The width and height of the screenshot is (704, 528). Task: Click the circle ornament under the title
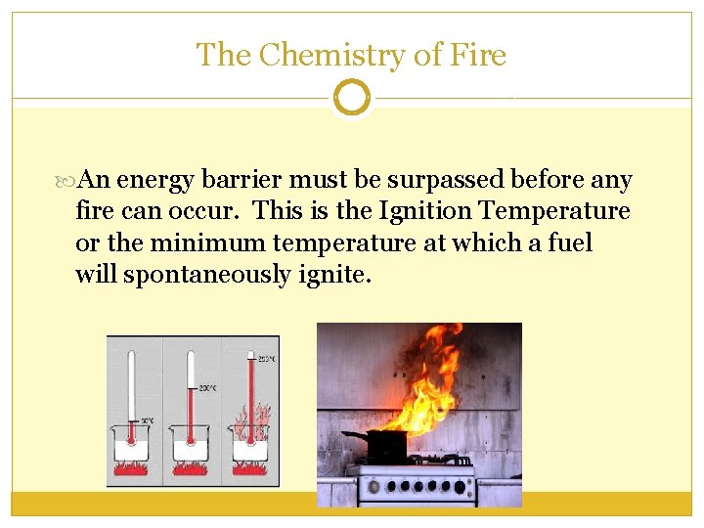click(352, 98)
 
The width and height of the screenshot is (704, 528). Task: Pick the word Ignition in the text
click(427, 211)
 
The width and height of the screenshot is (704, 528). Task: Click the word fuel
click(567, 242)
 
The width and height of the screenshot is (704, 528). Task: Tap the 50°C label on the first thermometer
click(146, 420)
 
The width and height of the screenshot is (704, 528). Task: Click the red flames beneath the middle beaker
click(192, 471)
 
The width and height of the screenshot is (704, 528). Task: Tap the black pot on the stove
click(386, 446)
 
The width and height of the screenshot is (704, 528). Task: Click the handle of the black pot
click(354, 435)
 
